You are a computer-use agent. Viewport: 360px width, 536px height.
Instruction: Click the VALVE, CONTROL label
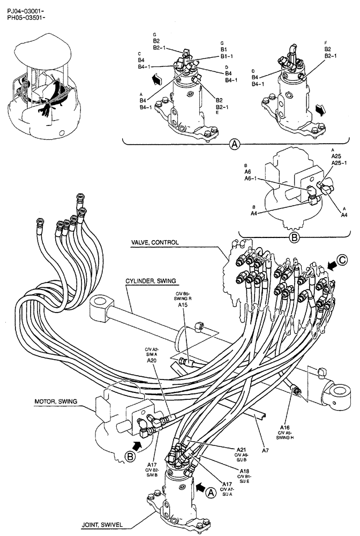click(x=156, y=242)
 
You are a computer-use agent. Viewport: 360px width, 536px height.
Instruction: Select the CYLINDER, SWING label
click(x=151, y=280)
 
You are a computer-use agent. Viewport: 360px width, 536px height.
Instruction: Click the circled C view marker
click(x=343, y=263)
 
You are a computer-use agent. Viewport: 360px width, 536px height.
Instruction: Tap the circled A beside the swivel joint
click(x=210, y=491)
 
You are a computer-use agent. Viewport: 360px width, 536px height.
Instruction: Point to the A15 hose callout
click(x=183, y=305)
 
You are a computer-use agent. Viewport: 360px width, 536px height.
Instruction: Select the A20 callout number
click(x=152, y=361)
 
